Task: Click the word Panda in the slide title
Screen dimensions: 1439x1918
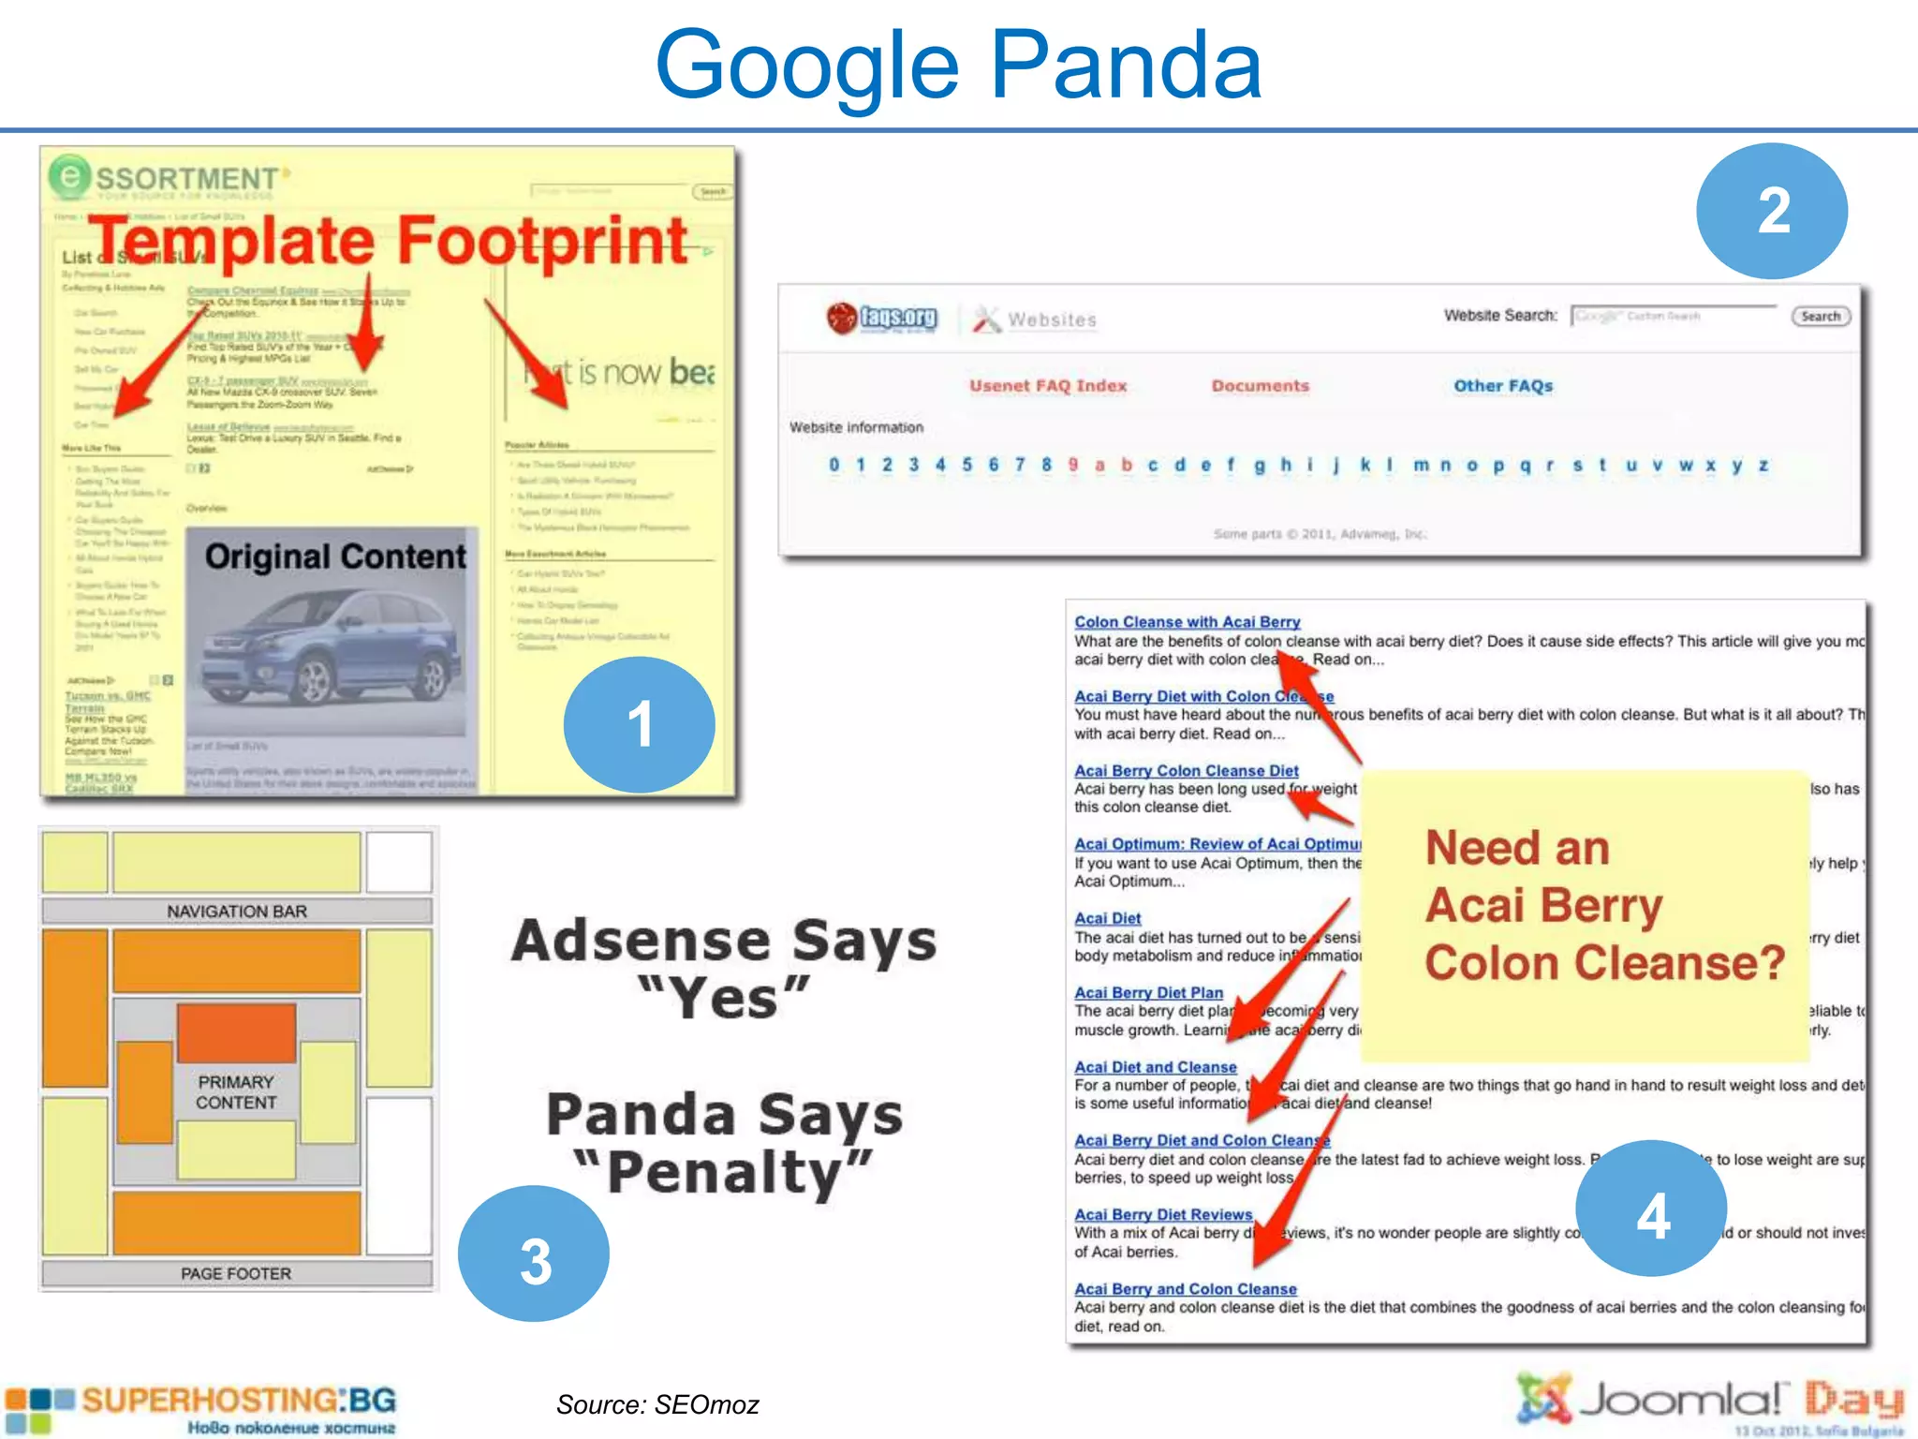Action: [1126, 66]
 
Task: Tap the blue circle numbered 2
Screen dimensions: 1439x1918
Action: [1772, 211]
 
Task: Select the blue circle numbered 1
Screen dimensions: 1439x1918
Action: [640, 724]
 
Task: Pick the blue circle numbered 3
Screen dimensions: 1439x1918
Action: [534, 1254]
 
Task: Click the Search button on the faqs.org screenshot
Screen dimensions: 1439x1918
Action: [1820, 317]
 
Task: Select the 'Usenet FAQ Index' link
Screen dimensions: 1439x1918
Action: [1048, 386]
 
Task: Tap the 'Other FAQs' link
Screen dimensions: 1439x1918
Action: [1502, 386]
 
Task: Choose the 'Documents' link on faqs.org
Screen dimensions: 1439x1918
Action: [1260, 386]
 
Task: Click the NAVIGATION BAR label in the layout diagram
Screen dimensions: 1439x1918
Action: [237, 912]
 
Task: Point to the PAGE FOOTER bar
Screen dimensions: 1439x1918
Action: [236, 1274]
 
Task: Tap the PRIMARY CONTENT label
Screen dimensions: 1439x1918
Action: [236, 1092]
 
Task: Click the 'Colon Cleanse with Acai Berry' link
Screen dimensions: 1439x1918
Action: [1187, 622]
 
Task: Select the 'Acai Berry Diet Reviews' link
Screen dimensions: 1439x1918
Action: [1163, 1215]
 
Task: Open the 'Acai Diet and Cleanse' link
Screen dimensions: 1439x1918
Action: [1155, 1067]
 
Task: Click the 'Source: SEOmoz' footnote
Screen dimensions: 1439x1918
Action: [657, 1404]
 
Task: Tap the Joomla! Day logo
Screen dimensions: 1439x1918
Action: [1709, 1402]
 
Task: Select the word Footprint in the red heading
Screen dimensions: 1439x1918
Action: [543, 241]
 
